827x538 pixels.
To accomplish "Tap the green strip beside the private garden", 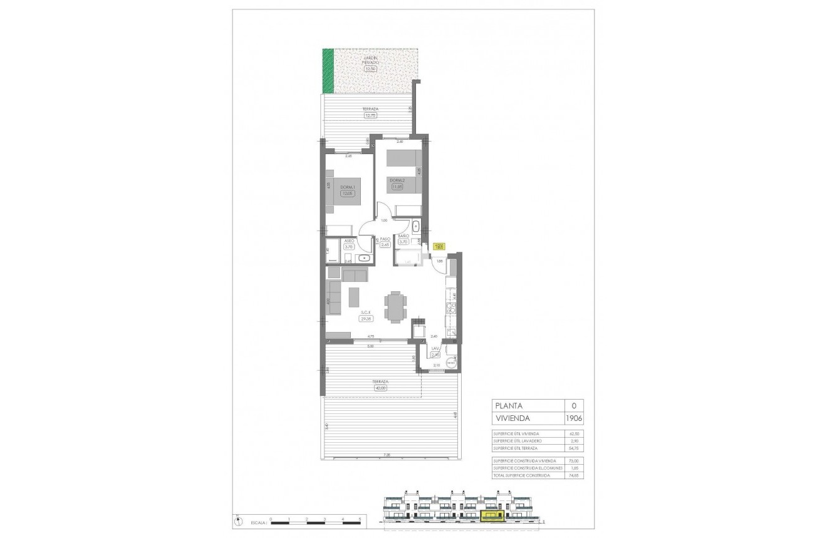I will point(328,71).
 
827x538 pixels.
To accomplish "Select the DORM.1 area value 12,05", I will point(346,194).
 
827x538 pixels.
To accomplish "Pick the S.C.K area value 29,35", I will point(366,318).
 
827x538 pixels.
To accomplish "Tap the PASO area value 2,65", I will point(385,245).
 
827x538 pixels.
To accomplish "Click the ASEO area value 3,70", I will point(348,247).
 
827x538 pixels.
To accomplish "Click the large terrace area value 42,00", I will point(380,388).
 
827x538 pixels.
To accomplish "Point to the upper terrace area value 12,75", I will point(370,115).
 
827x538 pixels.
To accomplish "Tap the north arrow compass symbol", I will point(238,520).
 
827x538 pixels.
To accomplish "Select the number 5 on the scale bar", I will point(360,519).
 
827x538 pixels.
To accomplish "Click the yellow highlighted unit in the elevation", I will point(492,515).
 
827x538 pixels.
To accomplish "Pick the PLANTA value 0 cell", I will point(574,405).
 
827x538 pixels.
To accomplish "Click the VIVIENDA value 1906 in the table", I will point(574,418).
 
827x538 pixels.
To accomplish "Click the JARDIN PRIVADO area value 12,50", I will point(370,69).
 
